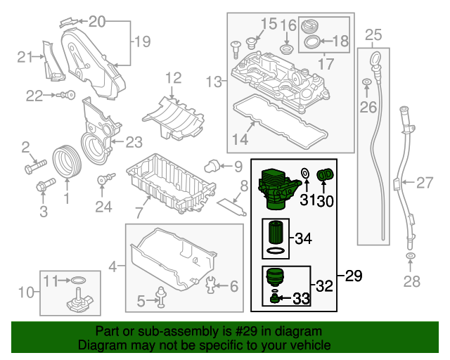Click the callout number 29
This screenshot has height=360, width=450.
click(x=354, y=276)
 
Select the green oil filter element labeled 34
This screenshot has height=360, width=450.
click(x=276, y=234)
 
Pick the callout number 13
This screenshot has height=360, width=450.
click(x=214, y=82)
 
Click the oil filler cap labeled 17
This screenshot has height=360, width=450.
click(x=310, y=26)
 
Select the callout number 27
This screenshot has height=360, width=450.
click(x=424, y=184)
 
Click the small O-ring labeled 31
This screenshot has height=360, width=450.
click(x=305, y=174)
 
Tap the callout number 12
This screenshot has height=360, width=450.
click(x=173, y=77)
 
